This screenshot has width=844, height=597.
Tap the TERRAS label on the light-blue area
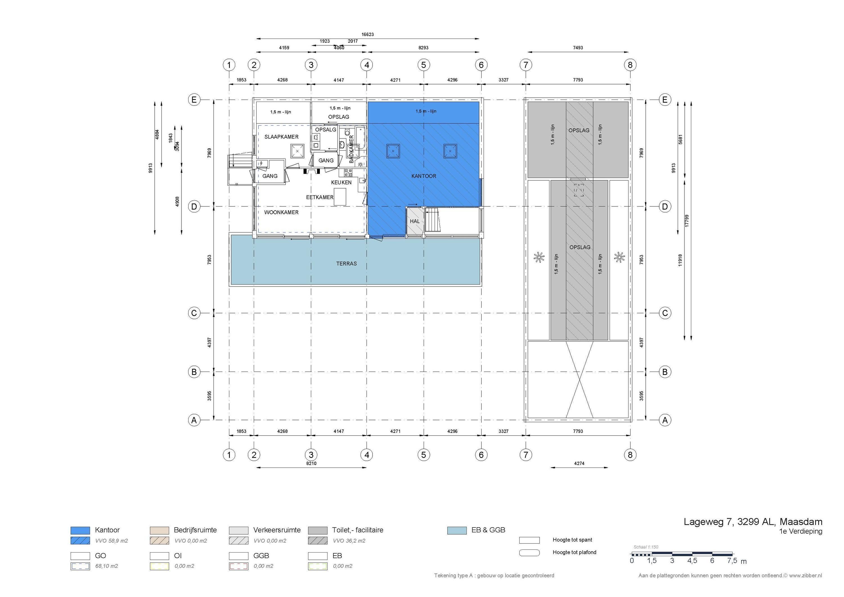coord(346,264)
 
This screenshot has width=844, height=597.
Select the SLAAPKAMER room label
coord(281,137)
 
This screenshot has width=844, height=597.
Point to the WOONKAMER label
coord(281,212)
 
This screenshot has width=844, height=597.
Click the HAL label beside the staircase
coord(415,221)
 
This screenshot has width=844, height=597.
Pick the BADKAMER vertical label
coord(351,149)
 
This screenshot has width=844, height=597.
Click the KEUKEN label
coord(341,182)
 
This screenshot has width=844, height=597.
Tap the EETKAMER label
coord(319,197)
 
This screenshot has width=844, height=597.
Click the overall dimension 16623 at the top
coord(368,35)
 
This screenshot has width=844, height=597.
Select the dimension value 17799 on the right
coord(687,220)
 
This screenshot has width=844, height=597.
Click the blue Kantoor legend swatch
coord(80,530)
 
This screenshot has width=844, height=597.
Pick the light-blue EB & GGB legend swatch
coord(457,530)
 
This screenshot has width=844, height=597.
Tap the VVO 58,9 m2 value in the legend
coord(111,541)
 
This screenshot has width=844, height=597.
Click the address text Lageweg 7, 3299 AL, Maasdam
coord(753,522)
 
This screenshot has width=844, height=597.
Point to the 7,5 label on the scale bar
coord(732,561)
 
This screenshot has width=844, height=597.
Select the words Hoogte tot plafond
coord(574,552)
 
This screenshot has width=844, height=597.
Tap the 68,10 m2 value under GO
coord(107,566)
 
